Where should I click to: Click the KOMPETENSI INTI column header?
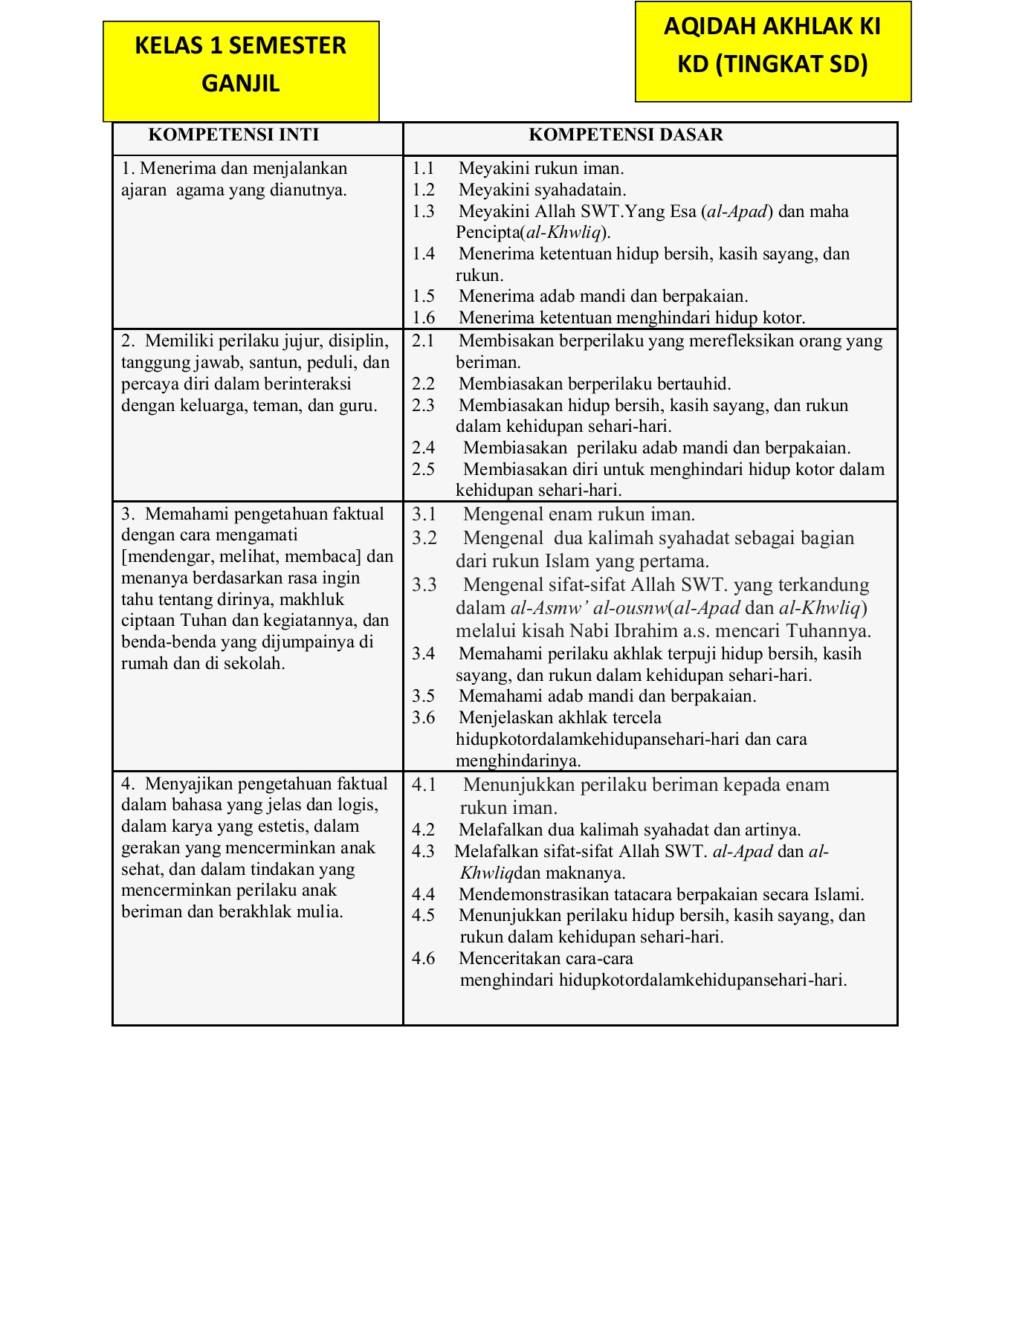[x=233, y=135]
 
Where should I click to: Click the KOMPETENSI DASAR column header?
[x=625, y=135]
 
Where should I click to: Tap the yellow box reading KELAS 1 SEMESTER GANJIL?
[x=241, y=64]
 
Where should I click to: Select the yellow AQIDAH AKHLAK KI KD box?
[x=772, y=46]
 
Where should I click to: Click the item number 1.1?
[x=424, y=169]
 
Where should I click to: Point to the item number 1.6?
[x=424, y=318]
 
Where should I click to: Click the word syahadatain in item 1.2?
[x=580, y=190]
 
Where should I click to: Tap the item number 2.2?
[x=424, y=384]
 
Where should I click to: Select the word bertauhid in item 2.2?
[x=691, y=384]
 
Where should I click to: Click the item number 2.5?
[x=424, y=470]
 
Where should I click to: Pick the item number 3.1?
[x=424, y=514]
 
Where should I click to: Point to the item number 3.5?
[x=424, y=697]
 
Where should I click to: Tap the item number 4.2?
[x=424, y=830]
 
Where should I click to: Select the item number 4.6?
[x=424, y=958]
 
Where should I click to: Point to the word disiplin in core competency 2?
[x=359, y=341]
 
